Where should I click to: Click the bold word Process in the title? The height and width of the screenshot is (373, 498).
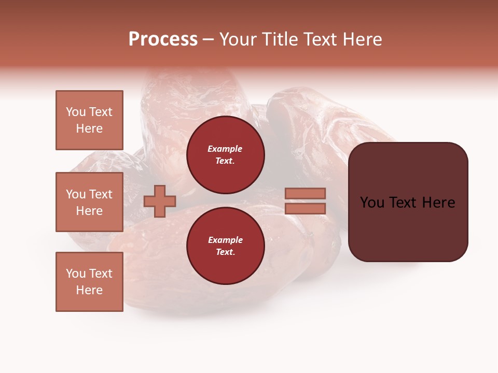pos(163,39)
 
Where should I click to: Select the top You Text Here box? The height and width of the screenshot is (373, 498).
pos(89,120)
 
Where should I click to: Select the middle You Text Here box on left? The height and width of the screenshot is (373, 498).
pos(89,202)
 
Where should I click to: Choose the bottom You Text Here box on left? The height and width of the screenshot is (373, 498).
pos(89,282)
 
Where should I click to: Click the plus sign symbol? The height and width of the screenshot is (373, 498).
pos(160,201)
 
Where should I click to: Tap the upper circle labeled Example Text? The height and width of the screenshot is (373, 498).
pos(225,154)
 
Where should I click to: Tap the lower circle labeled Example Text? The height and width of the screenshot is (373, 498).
pos(225,246)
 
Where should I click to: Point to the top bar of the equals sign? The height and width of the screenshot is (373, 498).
pos(306,194)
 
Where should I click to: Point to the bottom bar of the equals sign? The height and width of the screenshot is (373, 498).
pos(306,208)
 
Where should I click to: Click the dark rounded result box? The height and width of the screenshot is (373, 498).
pos(408,228)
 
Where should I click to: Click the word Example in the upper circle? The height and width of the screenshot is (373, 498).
pos(225,149)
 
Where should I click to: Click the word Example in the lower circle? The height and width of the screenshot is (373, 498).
pos(225,240)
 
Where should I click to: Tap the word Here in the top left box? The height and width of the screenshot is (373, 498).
pos(89,128)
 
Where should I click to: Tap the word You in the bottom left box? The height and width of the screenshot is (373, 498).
pos(76,274)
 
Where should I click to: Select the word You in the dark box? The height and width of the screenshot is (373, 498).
pos(372,203)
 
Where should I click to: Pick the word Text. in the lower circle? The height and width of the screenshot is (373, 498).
pos(225,252)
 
